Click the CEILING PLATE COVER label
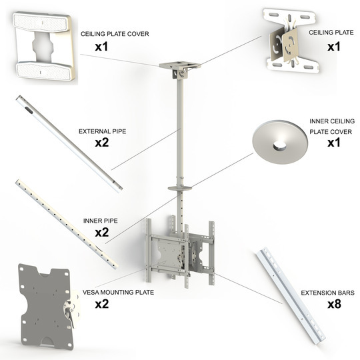(115, 34)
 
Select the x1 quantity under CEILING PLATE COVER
(102, 47)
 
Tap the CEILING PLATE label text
(331, 33)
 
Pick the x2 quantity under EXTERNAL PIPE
(102, 143)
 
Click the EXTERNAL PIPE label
(103, 131)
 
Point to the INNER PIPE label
(100, 221)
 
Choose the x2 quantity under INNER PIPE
(102, 233)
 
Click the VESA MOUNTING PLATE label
(118, 293)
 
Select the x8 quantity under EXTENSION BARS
(334, 304)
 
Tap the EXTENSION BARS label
(327, 293)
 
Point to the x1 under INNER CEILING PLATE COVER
(334, 143)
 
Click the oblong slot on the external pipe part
(29, 110)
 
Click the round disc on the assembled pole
(180, 189)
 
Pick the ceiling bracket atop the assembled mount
(180, 68)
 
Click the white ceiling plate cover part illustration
(43, 47)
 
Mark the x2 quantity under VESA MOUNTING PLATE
(102, 304)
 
